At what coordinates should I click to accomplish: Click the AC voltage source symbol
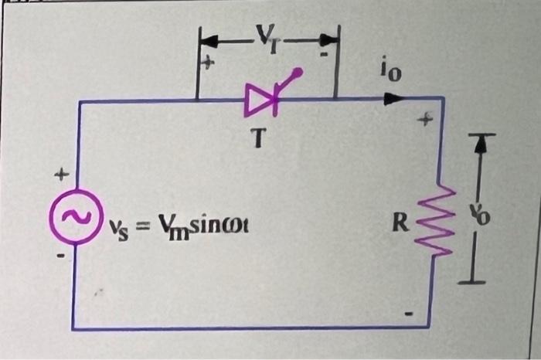tap(75, 217)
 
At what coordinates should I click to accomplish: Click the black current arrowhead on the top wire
tap(393, 98)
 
